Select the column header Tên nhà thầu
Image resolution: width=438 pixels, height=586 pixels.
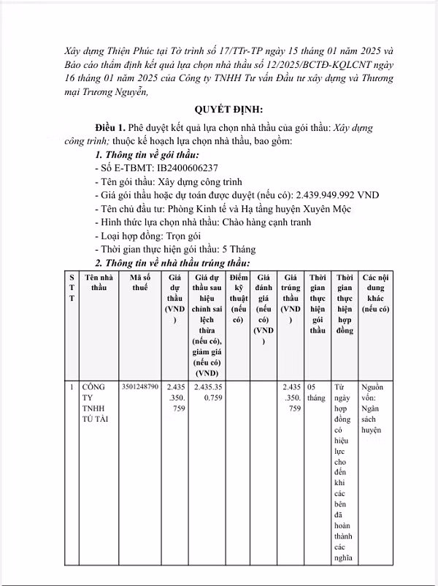[x=98, y=284]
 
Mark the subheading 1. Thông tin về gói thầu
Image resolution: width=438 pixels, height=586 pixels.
[x=147, y=155]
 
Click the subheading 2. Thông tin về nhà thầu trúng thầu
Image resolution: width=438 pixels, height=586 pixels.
[x=172, y=263]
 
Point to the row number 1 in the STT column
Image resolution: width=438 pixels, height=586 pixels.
[x=72, y=386]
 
